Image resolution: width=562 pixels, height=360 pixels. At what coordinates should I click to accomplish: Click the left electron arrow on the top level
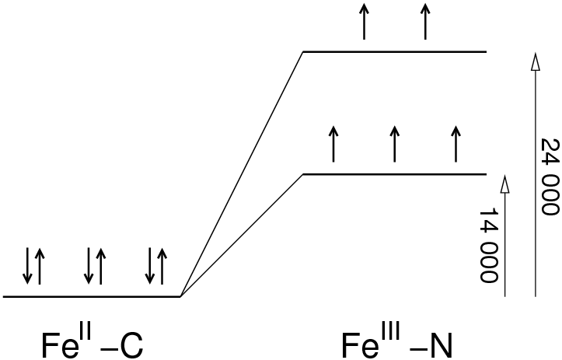pos(364,21)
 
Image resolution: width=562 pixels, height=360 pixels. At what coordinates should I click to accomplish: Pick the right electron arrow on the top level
pos(425,21)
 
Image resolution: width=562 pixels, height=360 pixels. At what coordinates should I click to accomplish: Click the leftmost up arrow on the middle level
pos(333,143)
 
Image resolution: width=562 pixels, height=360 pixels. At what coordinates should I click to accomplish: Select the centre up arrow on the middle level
pos(394,143)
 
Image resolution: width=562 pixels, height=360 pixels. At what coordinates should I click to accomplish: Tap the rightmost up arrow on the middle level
pos(456,143)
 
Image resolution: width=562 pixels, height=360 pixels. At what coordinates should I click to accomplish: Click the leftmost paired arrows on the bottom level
pos(33,265)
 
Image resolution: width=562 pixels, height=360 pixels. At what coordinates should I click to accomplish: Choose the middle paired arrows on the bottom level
pos(95,265)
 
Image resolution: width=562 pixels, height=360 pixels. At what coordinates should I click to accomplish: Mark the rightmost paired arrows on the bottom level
pos(155,265)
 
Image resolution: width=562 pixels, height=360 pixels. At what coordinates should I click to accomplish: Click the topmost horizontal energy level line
pos(394,51)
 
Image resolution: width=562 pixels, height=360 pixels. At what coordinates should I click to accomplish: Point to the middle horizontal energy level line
pos(394,173)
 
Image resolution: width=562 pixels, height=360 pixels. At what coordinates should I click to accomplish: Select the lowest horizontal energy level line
pos(92,296)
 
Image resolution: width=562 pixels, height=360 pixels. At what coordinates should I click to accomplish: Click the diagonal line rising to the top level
pos(242,173)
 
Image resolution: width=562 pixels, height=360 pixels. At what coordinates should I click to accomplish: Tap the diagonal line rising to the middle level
pos(242,235)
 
